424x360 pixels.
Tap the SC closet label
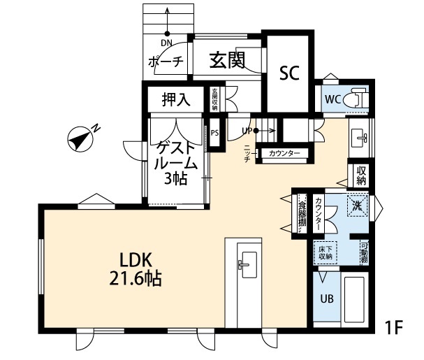point(289,72)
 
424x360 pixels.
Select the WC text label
point(332,99)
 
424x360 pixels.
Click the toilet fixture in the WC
point(357,98)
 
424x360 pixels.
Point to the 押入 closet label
point(176,99)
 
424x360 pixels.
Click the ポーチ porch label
point(166,62)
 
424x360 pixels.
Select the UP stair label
point(247,130)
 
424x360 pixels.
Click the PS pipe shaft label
point(214,132)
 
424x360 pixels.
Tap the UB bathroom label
point(326,298)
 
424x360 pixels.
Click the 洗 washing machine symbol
point(357,207)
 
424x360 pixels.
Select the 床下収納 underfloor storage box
point(326,251)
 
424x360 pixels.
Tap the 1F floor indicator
point(395,326)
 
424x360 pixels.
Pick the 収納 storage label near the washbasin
point(360,175)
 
